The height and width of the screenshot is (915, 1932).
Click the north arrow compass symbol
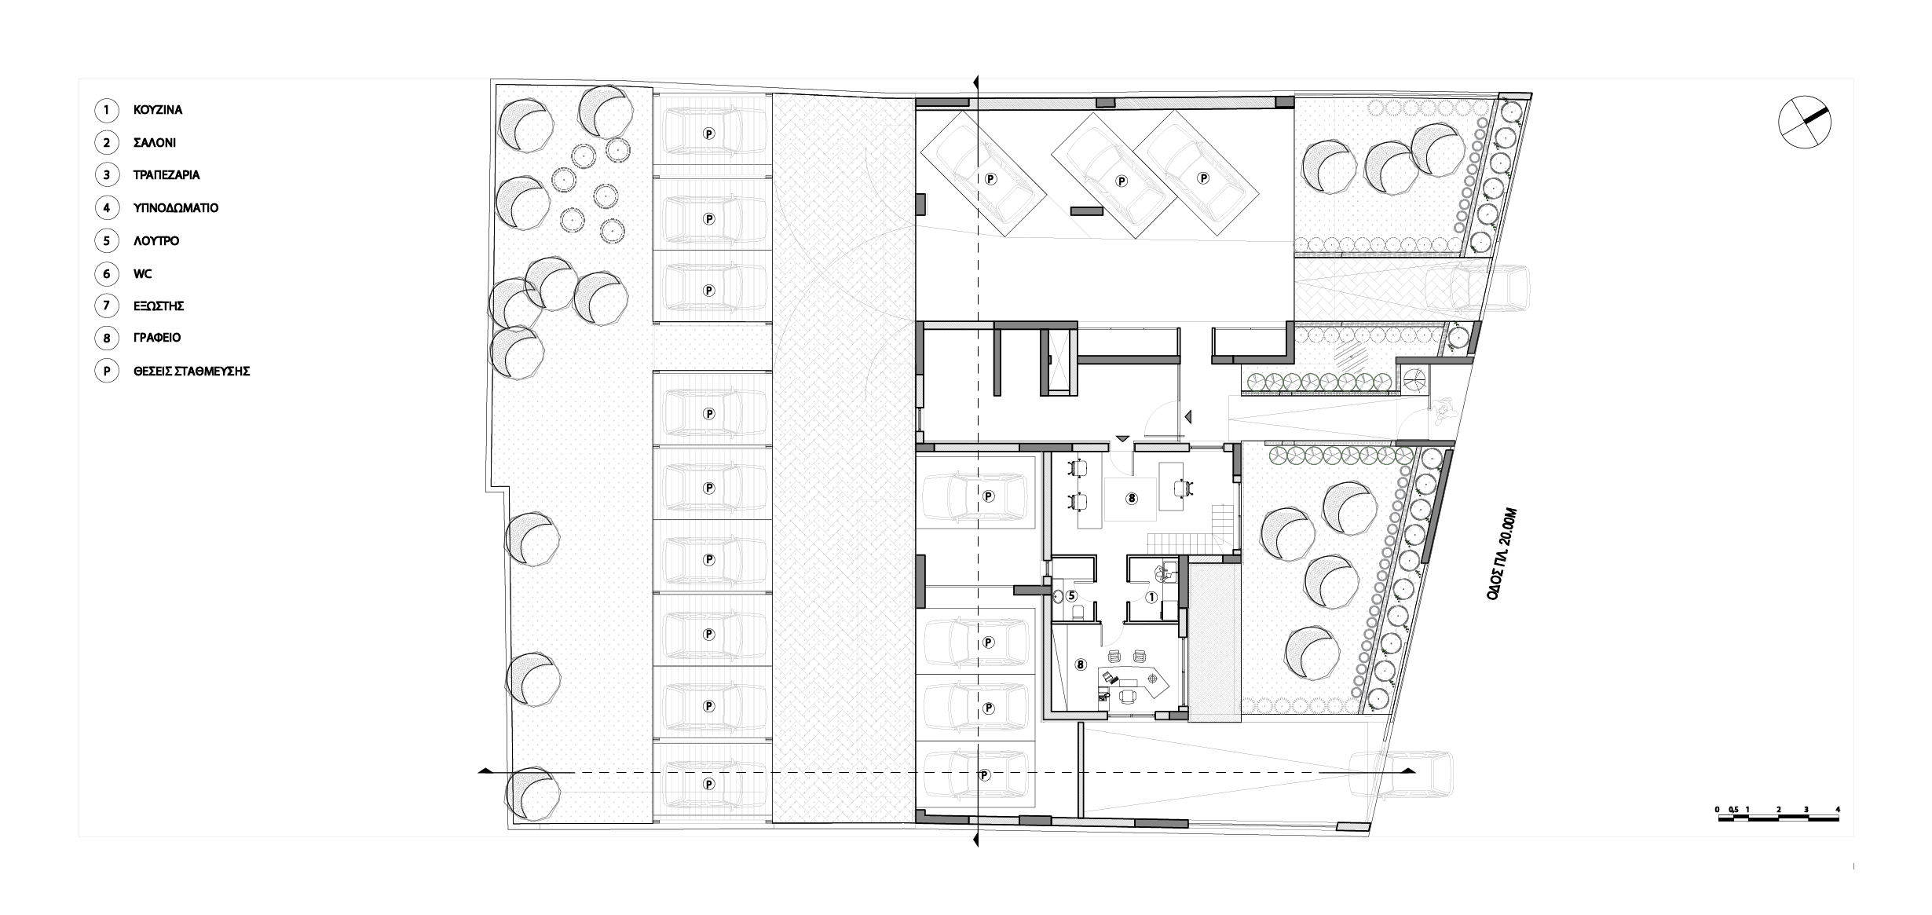pyautogui.click(x=1804, y=121)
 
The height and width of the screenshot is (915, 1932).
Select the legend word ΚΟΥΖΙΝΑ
pyautogui.click(x=158, y=110)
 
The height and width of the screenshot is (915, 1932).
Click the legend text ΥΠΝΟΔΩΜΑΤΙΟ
pyautogui.click(x=176, y=208)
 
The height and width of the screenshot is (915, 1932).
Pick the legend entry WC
pyautogui.click(x=143, y=274)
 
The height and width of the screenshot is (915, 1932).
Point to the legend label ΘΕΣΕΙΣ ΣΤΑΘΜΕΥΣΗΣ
pyautogui.click(x=192, y=371)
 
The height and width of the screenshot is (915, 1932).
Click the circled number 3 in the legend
pyautogui.click(x=106, y=175)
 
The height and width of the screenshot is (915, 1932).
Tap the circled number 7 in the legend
pyautogui.click(x=106, y=306)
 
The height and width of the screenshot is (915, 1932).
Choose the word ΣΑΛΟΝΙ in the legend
pyautogui.click(x=155, y=143)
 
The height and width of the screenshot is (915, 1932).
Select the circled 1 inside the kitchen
pyautogui.click(x=1151, y=597)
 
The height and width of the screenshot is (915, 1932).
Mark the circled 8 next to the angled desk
pyautogui.click(x=1080, y=664)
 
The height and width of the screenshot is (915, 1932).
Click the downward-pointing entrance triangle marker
pyautogui.click(x=1122, y=437)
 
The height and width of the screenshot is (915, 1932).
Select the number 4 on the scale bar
pyautogui.click(x=1838, y=809)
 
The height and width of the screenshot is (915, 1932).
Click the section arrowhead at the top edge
pyautogui.click(x=976, y=82)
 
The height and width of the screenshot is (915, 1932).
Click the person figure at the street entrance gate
pyautogui.click(x=1441, y=411)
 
